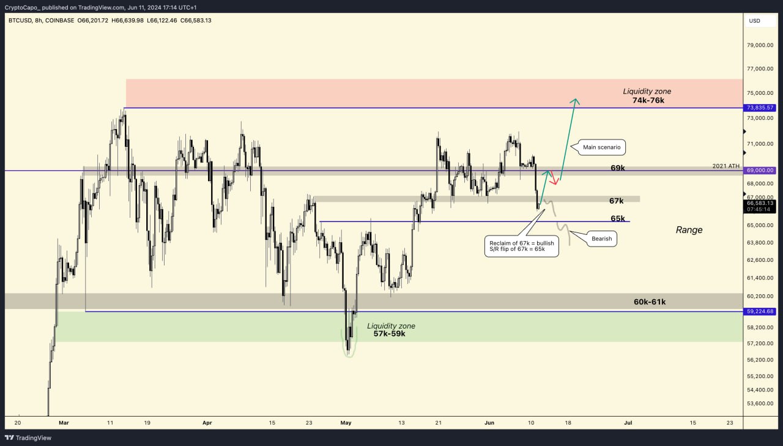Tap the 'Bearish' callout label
(x=601, y=239)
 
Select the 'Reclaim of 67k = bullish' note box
(x=521, y=247)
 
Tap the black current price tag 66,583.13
(x=759, y=206)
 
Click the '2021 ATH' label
(x=726, y=166)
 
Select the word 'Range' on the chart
(x=689, y=230)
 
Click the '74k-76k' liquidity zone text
(x=648, y=100)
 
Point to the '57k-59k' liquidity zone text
(x=390, y=334)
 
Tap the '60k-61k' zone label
(x=650, y=302)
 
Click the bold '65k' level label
(x=617, y=218)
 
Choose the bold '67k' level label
(x=616, y=201)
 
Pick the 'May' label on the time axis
(x=346, y=422)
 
